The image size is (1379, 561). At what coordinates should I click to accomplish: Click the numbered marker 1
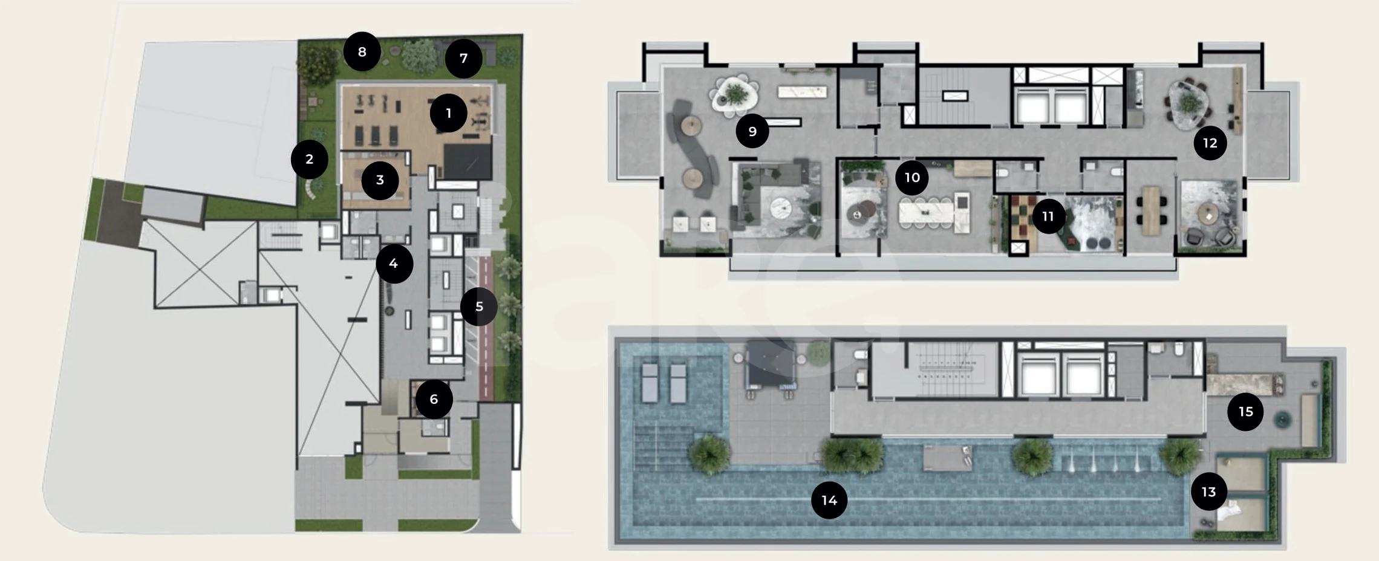[448, 113]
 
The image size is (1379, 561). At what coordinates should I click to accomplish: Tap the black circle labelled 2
[309, 160]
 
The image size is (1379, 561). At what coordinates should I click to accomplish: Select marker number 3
[380, 180]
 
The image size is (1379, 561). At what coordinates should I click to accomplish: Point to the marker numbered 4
[394, 264]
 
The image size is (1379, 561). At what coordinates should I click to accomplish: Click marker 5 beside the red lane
[479, 306]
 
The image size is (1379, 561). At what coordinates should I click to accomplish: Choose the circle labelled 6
[434, 399]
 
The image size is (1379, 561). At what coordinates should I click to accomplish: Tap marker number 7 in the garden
[463, 59]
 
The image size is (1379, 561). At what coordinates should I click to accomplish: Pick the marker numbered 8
[362, 52]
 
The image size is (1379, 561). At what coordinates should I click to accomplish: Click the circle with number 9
[752, 131]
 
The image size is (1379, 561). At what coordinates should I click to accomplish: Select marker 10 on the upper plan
[912, 178]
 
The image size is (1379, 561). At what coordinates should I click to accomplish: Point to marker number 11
[1048, 216]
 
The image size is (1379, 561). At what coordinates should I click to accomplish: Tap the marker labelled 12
[1210, 143]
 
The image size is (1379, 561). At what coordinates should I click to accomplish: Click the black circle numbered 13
[1208, 492]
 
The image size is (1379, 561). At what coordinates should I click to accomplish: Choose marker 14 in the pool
[829, 501]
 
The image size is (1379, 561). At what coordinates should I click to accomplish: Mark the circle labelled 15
[1245, 412]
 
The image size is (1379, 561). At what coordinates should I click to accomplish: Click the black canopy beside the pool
[769, 364]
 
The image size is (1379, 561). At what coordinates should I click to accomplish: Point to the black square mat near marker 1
[468, 162]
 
